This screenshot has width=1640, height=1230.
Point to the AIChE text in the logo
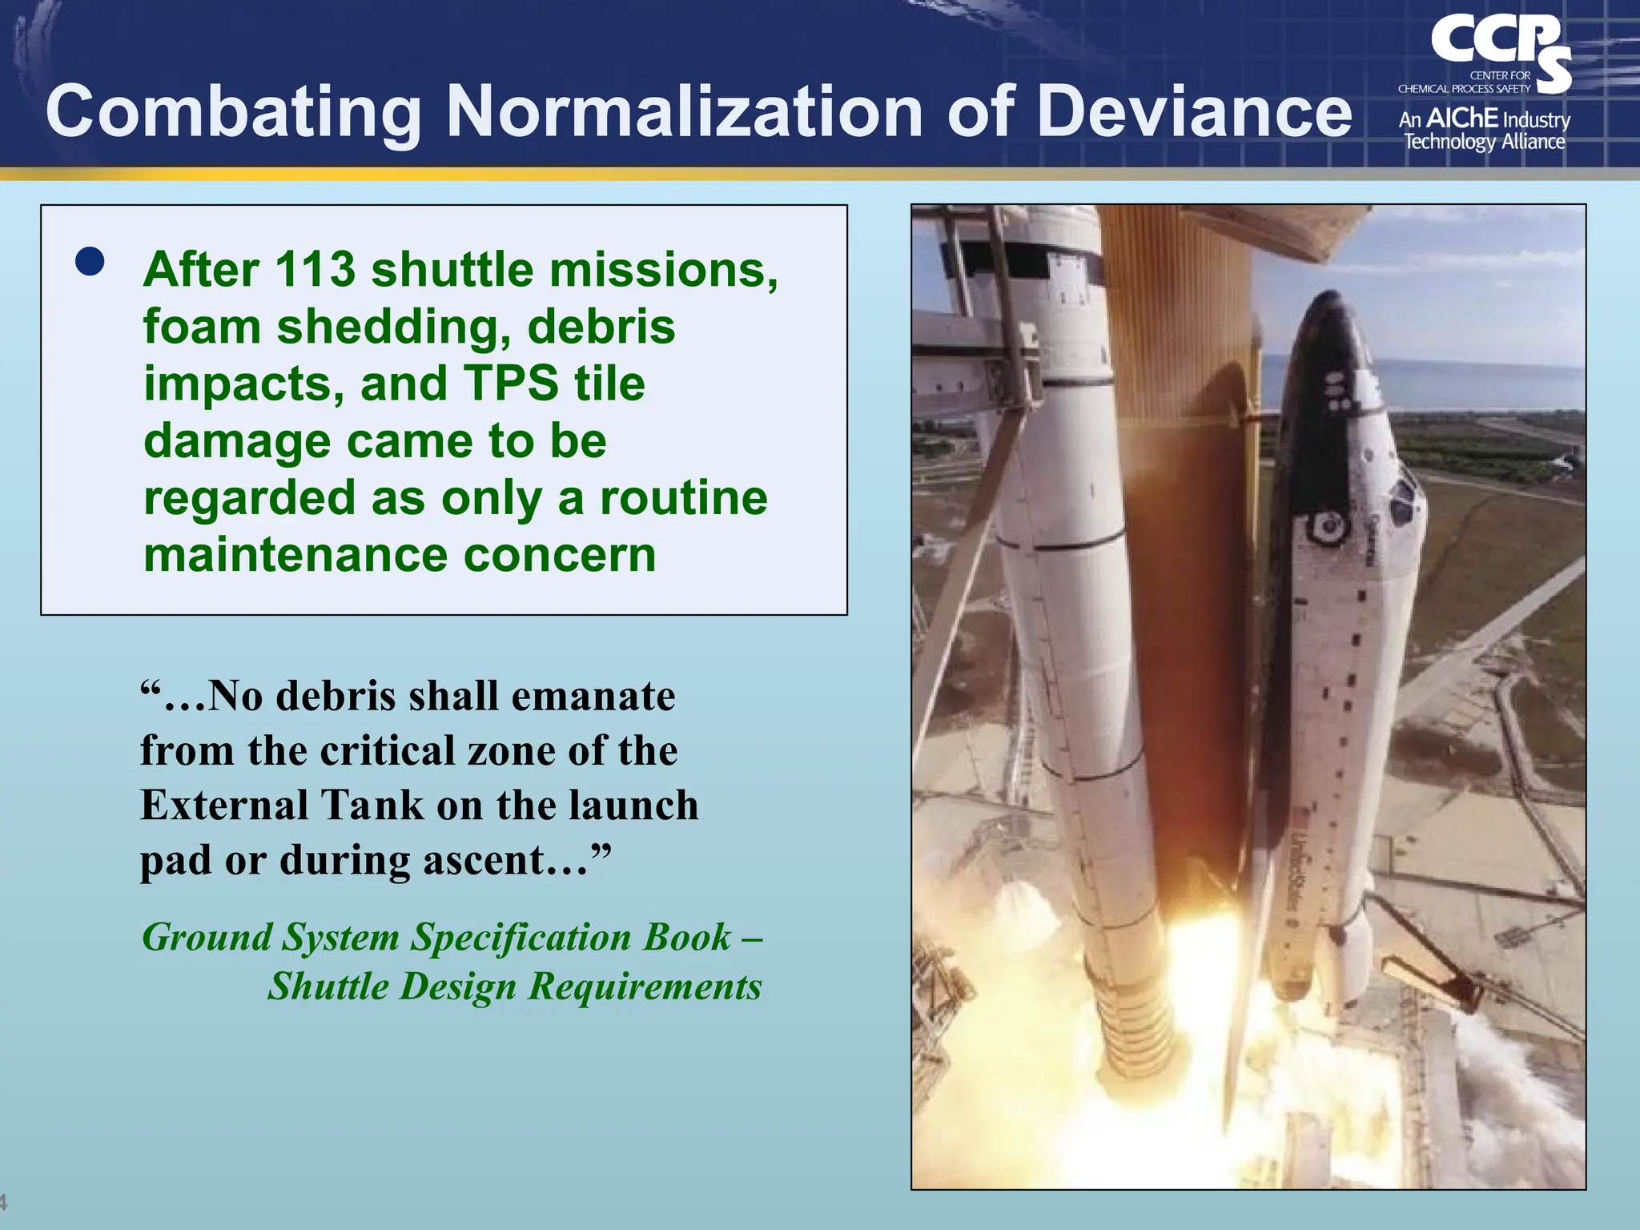(x=1462, y=119)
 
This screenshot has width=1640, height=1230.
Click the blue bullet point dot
(x=90, y=261)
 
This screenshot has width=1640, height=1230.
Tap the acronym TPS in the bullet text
(x=510, y=384)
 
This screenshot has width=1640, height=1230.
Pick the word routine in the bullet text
(x=683, y=498)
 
